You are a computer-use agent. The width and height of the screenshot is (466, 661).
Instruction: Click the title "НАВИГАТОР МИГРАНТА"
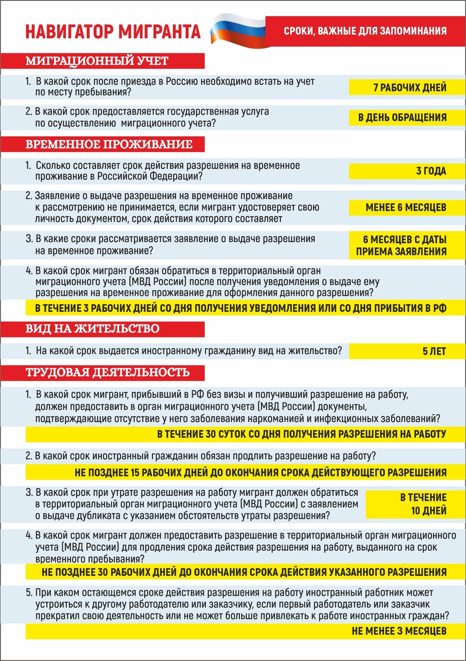(113, 32)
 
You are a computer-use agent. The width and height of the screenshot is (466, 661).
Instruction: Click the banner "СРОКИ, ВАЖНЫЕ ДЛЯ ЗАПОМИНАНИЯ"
(365, 31)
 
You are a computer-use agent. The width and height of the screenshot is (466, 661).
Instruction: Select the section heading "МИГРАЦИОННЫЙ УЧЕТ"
(97, 61)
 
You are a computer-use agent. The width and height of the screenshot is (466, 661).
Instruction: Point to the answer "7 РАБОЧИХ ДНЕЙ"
(410, 87)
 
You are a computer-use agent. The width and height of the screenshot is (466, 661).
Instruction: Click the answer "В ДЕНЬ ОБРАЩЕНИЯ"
(402, 118)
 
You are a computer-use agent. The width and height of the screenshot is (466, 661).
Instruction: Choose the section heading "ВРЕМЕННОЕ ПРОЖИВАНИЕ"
(109, 145)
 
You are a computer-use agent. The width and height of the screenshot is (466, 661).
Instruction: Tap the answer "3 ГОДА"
(431, 171)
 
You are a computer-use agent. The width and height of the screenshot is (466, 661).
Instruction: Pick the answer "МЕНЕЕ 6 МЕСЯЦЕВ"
(406, 208)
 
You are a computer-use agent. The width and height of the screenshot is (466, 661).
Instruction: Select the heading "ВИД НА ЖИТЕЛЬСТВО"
(92, 329)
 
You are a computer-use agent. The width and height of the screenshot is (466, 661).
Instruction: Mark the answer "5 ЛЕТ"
(434, 351)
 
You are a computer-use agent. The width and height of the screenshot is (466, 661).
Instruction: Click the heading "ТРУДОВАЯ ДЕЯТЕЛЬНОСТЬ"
(107, 372)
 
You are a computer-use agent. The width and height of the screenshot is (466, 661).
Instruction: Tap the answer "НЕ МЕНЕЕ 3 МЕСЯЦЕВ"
(399, 631)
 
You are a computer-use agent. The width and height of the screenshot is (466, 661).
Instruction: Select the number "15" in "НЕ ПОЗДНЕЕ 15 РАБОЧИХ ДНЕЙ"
(135, 473)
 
